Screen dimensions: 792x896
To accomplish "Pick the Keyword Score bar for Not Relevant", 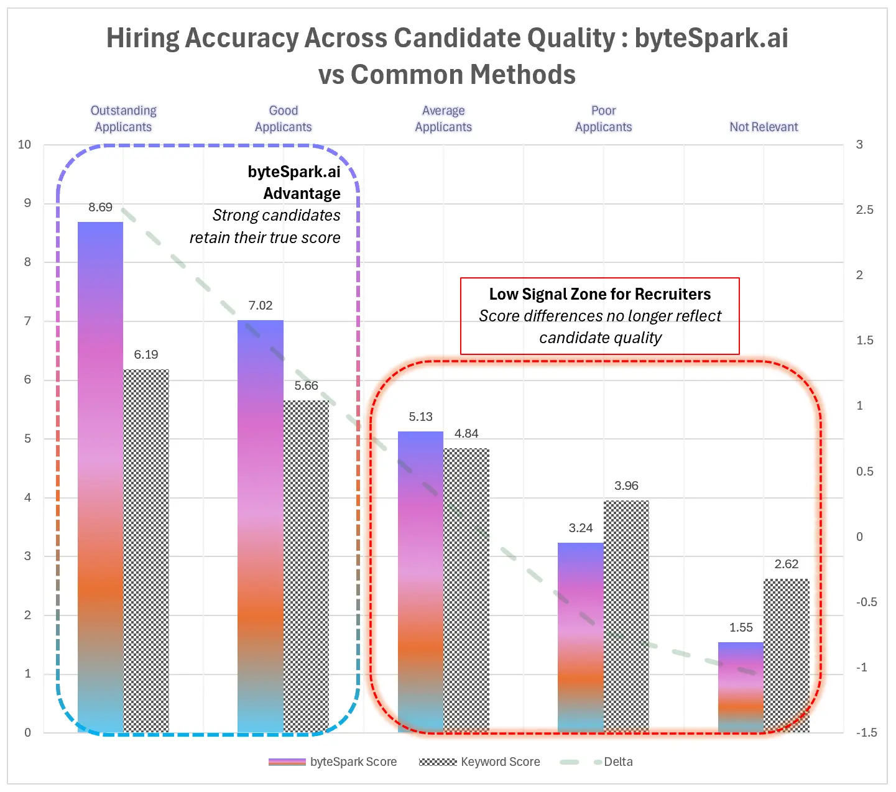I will click(787, 655).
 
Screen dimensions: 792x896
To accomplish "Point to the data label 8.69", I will click(101, 208).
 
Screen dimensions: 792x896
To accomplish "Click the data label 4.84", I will click(466, 434).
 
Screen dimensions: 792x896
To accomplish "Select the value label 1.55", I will click(741, 628).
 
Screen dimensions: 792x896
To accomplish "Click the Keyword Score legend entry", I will click(479, 762).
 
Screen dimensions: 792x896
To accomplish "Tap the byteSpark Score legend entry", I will click(333, 762).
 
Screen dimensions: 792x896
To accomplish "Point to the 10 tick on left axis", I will click(24, 145).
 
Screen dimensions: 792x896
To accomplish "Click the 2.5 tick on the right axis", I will click(864, 210).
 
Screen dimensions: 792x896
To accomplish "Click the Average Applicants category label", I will click(443, 119).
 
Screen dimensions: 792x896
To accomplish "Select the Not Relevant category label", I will click(764, 127).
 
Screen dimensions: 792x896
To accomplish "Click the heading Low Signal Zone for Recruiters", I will click(599, 294).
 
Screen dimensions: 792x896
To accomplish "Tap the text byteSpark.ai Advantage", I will click(295, 183).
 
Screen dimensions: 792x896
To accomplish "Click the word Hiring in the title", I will click(142, 38).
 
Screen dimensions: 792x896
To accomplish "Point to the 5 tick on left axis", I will click(27, 439).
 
